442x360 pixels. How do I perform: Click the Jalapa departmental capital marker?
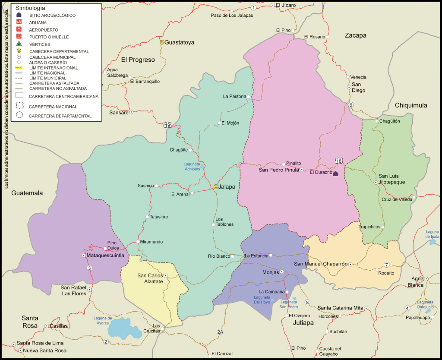(216, 187)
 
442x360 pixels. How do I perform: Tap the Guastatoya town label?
(180, 42)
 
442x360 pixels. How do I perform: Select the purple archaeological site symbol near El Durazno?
(335, 174)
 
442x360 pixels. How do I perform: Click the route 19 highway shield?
(167, 125)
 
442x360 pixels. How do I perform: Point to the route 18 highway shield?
(338, 161)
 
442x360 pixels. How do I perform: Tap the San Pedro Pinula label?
(278, 170)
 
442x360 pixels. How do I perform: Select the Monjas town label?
(271, 272)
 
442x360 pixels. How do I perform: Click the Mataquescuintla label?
(106, 256)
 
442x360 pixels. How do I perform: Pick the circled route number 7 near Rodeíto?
(387, 265)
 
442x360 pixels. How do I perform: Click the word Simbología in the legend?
(30, 8)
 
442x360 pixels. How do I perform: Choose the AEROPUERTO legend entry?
(44, 30)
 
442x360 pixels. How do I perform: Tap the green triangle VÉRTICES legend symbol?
(19, 44)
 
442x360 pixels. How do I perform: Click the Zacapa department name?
(355, 35)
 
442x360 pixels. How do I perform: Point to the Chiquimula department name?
(410, 105)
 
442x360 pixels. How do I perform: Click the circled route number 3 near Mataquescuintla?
(89, 268)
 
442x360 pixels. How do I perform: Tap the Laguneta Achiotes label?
(192, 166)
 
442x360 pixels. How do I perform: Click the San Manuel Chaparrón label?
(321, 264)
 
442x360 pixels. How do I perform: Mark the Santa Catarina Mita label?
(340, 308)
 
